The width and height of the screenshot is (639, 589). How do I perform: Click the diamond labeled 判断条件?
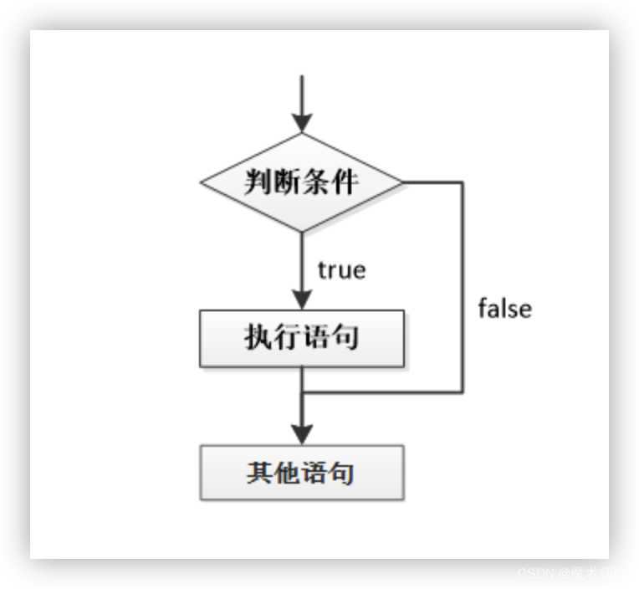pyautogui.click(x=301, y=182)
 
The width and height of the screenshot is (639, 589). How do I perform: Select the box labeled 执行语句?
pyautogui.click(x=301, y=338)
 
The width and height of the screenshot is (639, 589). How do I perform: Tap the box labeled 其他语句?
pyautogui.click(x=301, y=473)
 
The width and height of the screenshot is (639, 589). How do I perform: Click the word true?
pyautogui.click(x=341, y=271)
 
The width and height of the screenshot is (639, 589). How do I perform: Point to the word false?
pyautogui.click(x=504, y=309)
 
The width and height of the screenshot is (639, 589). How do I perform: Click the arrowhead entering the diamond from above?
pyautogui.click(x=301, y=122)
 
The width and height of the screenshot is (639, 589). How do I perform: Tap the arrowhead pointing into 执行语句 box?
pyautogui.click(x=301, y=300)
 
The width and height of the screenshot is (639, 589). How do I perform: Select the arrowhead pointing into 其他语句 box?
pyautogui.click(x=301, y=434)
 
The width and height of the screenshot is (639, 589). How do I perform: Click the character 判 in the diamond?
pyautogui.click(x=258, y=182)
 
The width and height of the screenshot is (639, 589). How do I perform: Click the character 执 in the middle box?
pyautogui.click(x=258, y=338)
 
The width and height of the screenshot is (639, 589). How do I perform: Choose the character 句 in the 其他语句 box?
pyautogui.click(x=343, y=473)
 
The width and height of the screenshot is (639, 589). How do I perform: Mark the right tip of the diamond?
pyautogui.click(x=401, y=182)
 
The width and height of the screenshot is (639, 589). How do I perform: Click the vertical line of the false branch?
pyautogui.click(x=463, y=284)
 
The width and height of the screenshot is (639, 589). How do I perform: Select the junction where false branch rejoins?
pyautogui.click(x=302, y=392)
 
